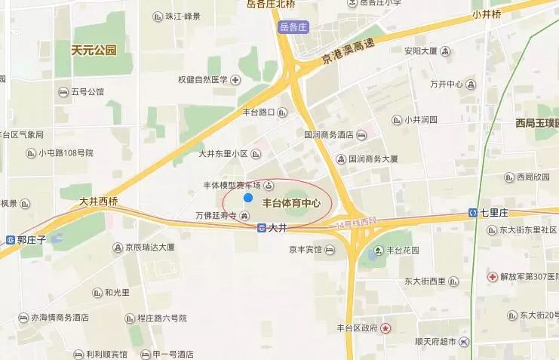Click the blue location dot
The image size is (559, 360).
(x=247, y=198)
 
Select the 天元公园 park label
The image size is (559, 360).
(x=94, y=51)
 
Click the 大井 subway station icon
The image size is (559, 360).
(x=261, y=228)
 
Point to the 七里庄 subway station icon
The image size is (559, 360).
(x=472, y=213)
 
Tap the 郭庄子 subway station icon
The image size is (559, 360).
(x=11, y=239)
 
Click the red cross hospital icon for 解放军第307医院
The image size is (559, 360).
(x=492, y=277)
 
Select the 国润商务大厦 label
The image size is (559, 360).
(x=378, y=160)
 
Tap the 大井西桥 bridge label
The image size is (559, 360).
(x=99, y=202)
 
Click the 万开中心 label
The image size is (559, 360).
(x=445, y=84)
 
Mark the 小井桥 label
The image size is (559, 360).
(x=488, y=14)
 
